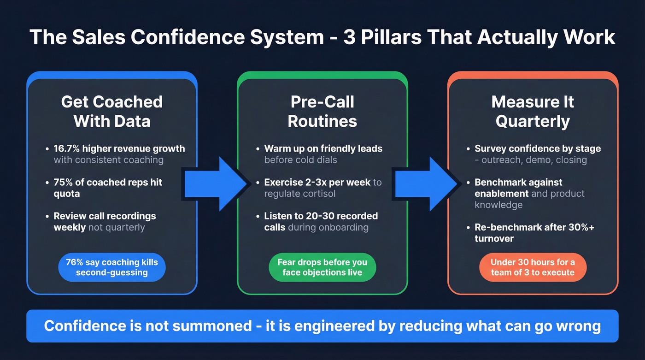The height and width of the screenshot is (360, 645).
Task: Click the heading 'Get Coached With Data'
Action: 112,111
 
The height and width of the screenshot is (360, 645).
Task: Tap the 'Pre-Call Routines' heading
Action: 322,111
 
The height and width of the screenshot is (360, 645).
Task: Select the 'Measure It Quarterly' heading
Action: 533,111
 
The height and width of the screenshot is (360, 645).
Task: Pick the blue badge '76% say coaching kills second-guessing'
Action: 112,267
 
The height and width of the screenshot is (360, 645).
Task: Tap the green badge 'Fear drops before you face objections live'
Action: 322,267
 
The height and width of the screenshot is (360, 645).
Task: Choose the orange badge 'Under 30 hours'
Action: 533,267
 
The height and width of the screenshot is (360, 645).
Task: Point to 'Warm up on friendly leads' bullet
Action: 323,148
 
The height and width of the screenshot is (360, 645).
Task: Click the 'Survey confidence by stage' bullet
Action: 538,148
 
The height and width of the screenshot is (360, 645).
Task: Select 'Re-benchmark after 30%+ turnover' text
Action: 534,233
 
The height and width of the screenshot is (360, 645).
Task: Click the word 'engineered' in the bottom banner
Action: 345,326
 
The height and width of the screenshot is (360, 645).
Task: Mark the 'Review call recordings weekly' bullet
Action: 105,221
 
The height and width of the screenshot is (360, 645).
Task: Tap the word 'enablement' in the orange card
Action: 502,194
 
